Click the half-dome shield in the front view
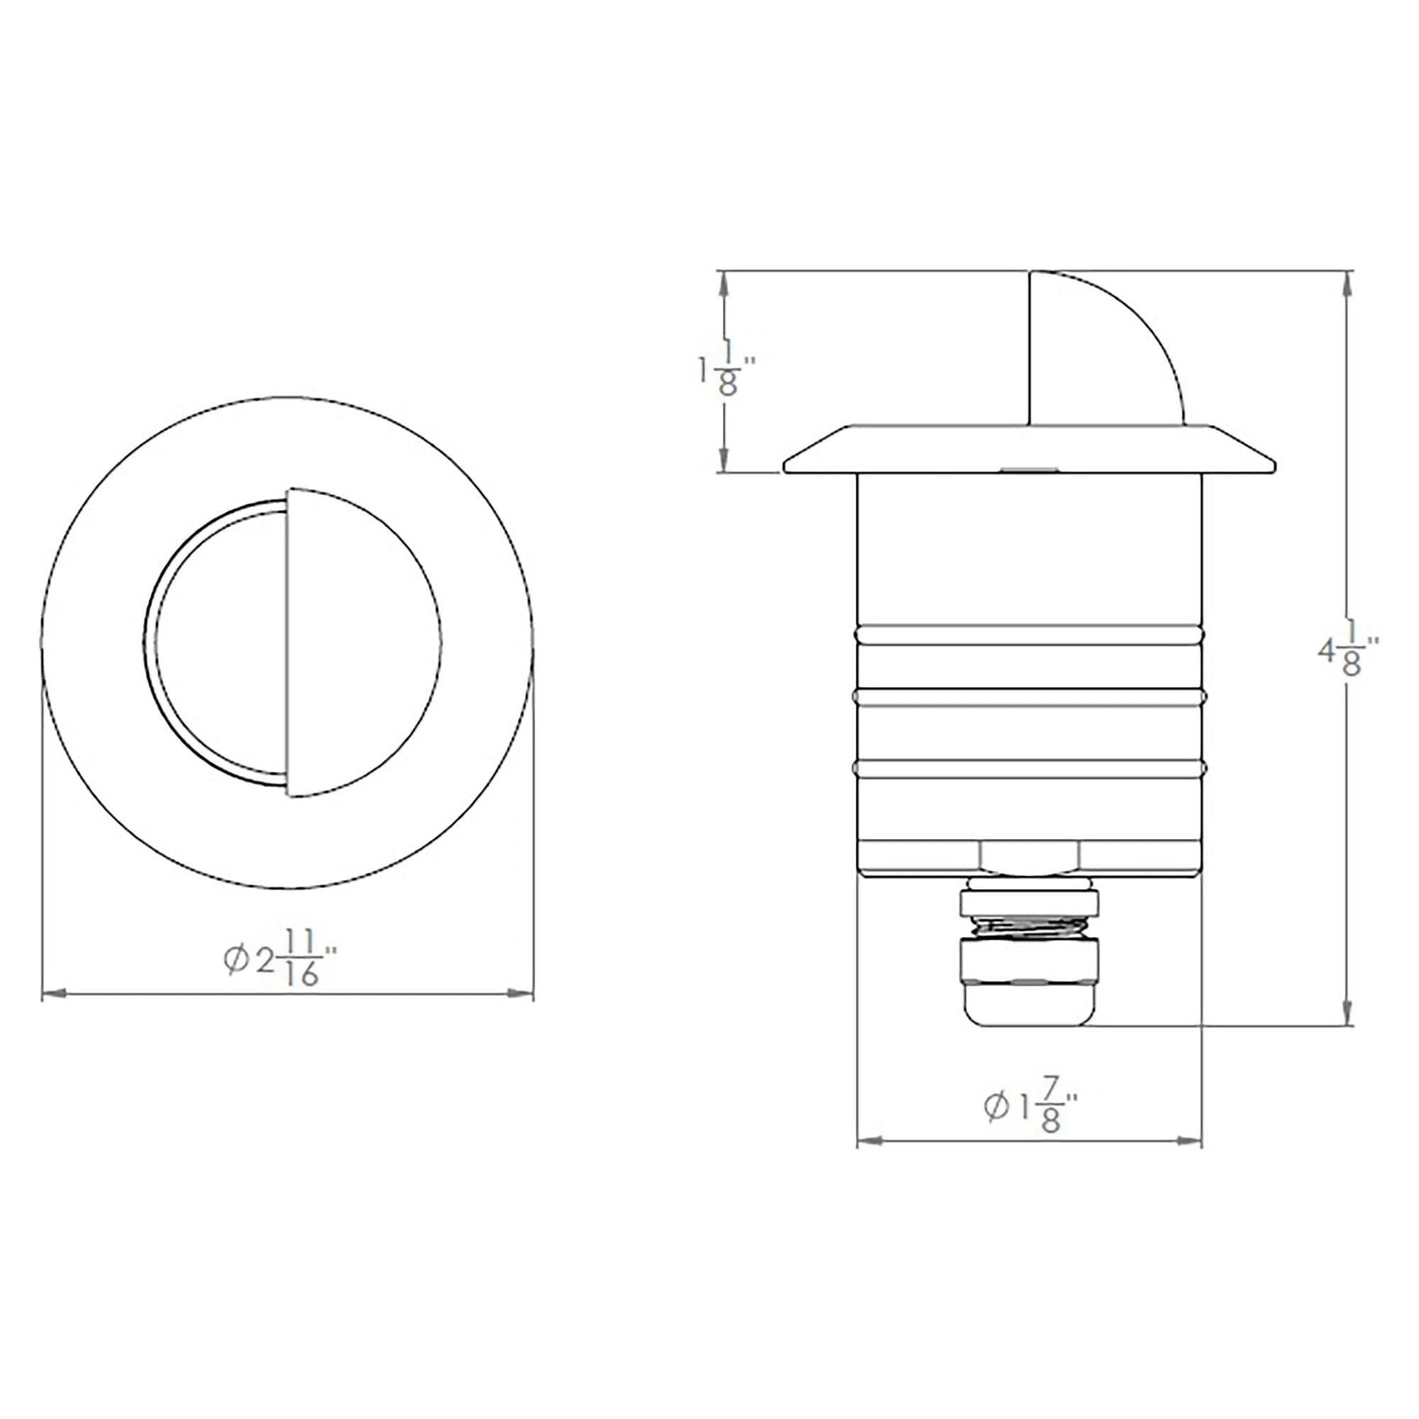click(360, 641)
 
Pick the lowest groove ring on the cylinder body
click(1029, 768)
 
